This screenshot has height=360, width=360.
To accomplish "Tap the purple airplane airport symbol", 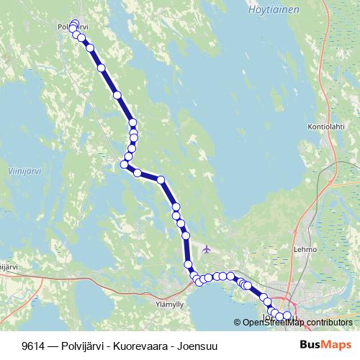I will [207, 250].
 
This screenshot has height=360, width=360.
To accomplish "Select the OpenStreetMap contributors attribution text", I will [297, 322].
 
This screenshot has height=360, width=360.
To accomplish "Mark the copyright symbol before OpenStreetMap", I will [237, 322].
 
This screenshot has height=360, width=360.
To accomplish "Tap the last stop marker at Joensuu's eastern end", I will [287, 315].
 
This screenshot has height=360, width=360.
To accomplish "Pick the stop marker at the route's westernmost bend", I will [124, 165].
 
